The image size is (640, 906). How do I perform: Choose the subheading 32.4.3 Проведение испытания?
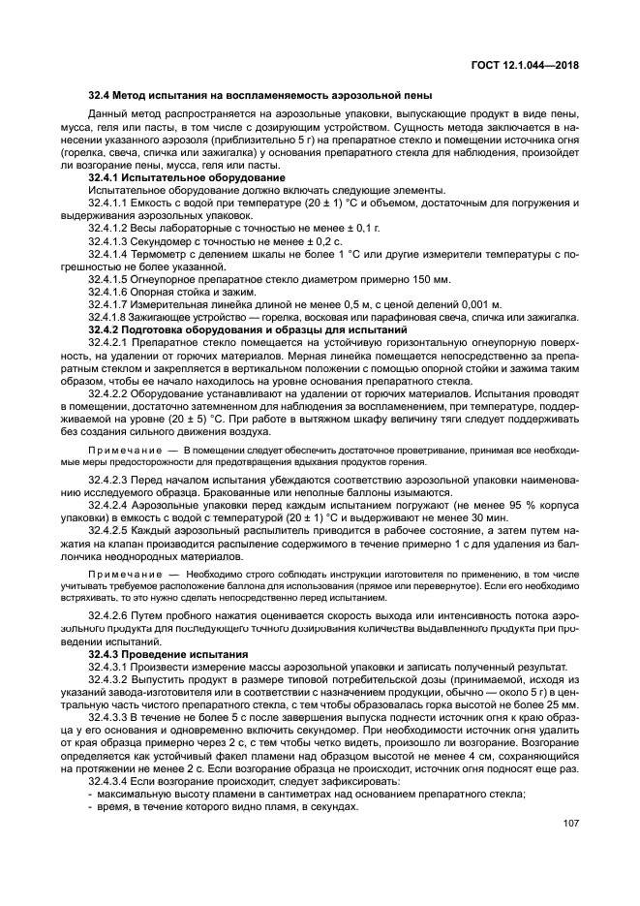pyautogui.click(x=168, y=655)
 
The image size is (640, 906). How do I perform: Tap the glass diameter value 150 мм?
pyautogui.click(x=431, y=278)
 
